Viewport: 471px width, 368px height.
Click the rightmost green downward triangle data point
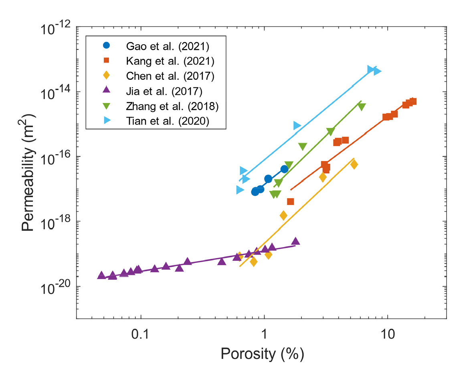[362, 107]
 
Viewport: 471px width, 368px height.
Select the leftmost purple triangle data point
[101, 275]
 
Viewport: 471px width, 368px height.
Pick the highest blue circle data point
[284, 169]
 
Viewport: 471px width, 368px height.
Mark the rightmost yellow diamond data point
[354, 165]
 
